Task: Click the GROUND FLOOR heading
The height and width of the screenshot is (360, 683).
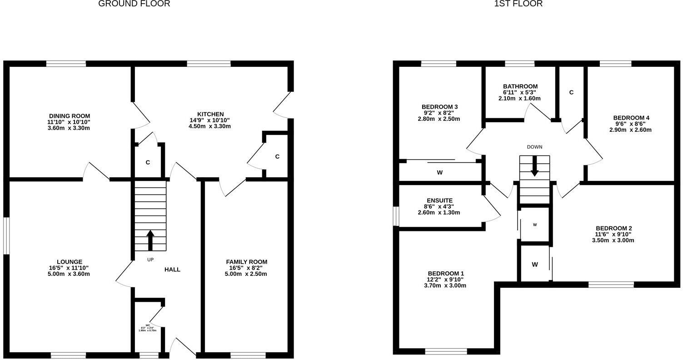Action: (x=134, y=4)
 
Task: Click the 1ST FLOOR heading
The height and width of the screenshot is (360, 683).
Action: (x=518, y=4)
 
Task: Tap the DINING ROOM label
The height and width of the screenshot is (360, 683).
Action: (x=70, y=116)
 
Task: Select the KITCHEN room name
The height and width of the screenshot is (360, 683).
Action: (x=210, y=114)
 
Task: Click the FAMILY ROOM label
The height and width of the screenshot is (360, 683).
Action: (x=246, y=262)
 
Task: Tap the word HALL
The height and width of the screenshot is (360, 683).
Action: (x=172, y=270)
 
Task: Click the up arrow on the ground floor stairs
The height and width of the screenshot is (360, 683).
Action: (x=150, y=240)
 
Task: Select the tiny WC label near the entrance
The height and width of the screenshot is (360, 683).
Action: (x=148, y=325)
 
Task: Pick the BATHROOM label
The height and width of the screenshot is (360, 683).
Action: (x=520, y=86)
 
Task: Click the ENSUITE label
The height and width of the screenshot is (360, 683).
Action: (x=439, y=200)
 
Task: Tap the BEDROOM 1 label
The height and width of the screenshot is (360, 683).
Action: (x=439, y=274)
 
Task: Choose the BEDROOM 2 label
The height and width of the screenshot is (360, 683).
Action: (x=613, y=228)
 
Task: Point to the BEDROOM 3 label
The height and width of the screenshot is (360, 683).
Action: (x=439, y=107)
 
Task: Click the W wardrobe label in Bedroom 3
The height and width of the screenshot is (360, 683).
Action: (x=439, y=173)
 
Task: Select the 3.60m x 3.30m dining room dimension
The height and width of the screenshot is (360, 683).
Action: (x=70, y=128)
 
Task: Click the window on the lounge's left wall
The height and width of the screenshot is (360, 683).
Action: (x=6, y=235)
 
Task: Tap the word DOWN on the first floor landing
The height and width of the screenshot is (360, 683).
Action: (x=534, y=147)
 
